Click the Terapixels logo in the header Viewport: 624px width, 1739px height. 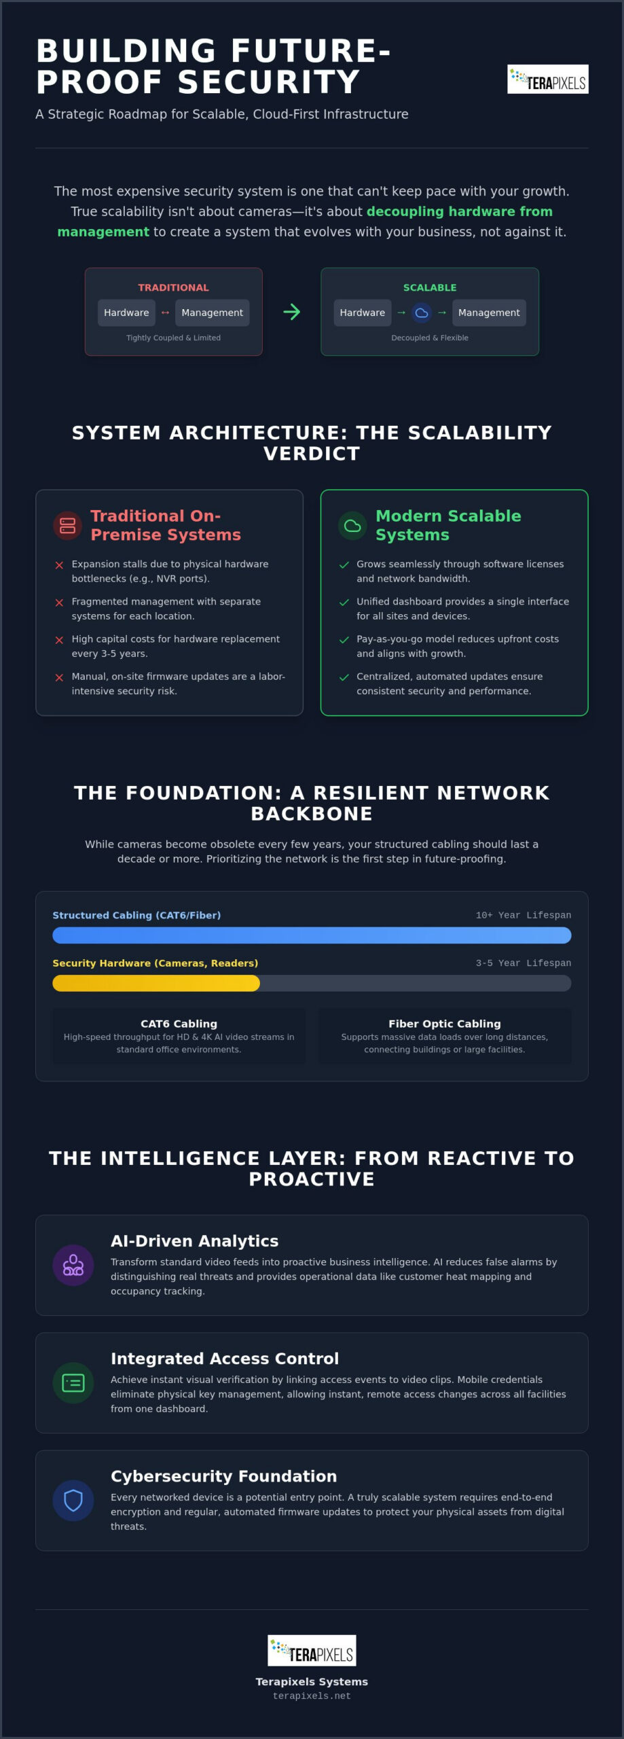point(547,79)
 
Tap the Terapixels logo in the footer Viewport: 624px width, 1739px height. point(312,1650)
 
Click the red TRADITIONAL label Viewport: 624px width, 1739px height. point(173,287)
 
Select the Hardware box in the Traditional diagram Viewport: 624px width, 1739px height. point(126,312)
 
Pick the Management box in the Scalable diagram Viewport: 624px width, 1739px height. point(489,312)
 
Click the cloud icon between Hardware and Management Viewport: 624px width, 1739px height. point(422,312)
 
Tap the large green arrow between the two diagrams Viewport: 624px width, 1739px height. point(291,312)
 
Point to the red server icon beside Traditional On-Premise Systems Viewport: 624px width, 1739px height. point(67,525)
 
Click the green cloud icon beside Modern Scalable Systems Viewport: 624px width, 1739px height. point(352,525)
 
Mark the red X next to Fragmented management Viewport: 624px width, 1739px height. point(59,603)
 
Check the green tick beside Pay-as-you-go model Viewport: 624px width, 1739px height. point(344,640)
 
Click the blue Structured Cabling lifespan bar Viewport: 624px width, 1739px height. point(312,935)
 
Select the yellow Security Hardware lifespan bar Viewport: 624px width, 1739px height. point(156,983)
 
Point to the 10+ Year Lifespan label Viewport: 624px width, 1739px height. point(524,915)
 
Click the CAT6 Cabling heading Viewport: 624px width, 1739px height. point(179,1024)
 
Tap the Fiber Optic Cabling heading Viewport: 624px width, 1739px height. point(445,1024)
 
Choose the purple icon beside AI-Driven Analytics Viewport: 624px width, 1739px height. point(73,1265)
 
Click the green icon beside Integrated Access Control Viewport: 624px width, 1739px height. point(73,1382)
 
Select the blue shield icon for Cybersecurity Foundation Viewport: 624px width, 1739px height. point(73,1500)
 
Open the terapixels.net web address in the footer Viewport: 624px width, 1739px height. point(312,1696)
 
